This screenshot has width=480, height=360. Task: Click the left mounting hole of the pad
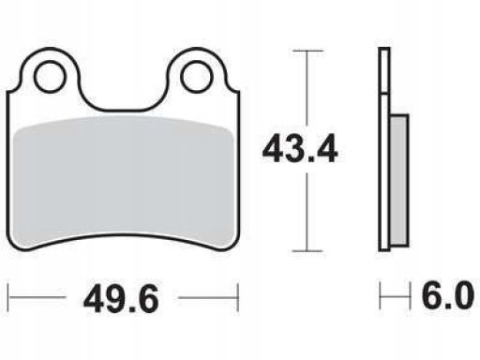[x=51, y=77]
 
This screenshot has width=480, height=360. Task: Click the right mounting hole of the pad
[x=197, y=77]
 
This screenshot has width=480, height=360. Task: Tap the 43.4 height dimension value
[x=300, y=149]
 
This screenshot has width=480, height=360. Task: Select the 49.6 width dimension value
[x=121, y=299]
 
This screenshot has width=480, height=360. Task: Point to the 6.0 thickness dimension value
[x=448, y=294]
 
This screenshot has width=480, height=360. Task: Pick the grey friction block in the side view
[x=399, y=180]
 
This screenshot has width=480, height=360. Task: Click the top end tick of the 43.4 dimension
[x=307, y=51]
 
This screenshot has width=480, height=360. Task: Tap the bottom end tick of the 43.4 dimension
[x=307, y=250]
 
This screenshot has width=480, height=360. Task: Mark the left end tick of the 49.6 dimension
[x=8, y=297]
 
